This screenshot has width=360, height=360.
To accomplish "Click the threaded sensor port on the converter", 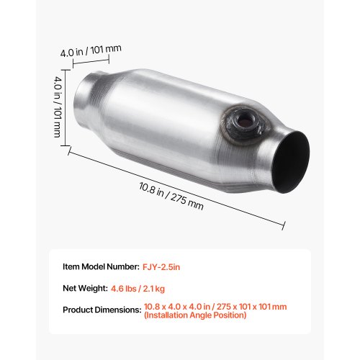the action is click(x=243, y=123).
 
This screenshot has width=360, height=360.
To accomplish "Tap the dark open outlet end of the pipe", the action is click(x=291, y=163).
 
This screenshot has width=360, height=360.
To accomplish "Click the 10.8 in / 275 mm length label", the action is click(x=171, y=196).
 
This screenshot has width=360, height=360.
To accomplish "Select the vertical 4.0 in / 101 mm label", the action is click(x=58, y=107).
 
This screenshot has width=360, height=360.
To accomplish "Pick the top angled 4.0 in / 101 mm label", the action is click(x=91, y=50).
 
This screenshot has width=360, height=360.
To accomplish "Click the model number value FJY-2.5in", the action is click(x=161, y=267).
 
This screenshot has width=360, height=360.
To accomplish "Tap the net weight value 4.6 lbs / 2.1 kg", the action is click(x=138, y=289).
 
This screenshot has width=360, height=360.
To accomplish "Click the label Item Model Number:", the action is click(x=101, y=266).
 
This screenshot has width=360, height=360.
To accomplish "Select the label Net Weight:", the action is click(x=85, y=288).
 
